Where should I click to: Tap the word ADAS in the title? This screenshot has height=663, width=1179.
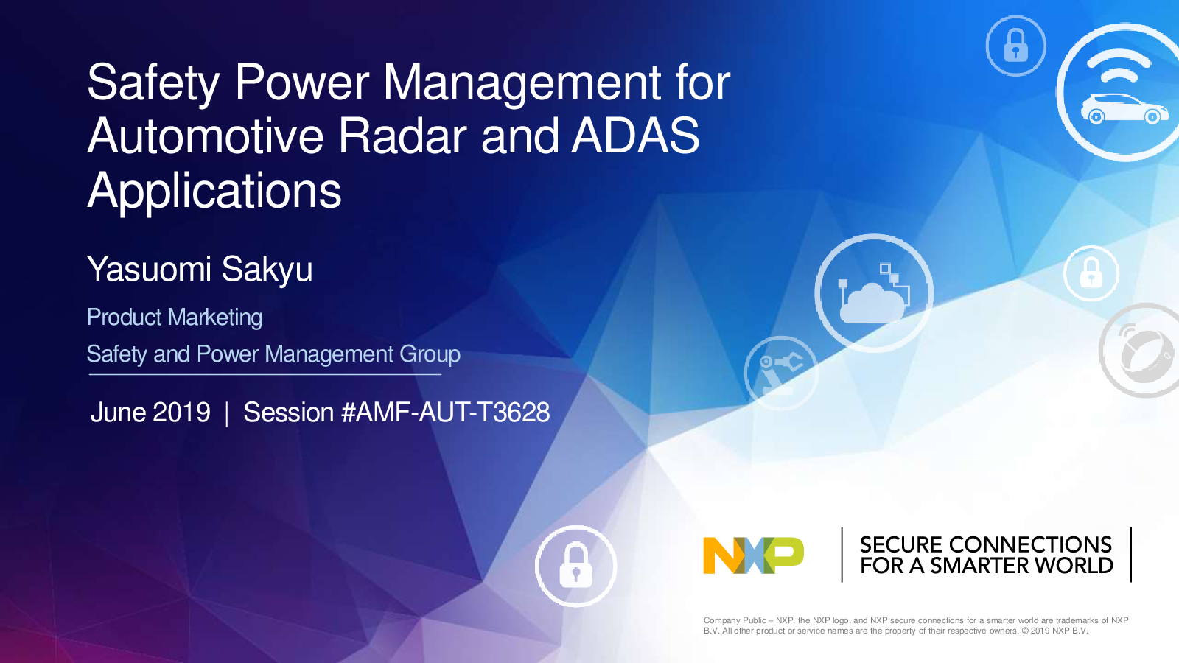[x=635, y=136]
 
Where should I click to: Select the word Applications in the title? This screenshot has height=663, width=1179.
[x=214, y=192]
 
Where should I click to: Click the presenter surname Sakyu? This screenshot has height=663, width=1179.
[x=267, y=270]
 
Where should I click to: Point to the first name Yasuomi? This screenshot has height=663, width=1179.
[x=149, y=270]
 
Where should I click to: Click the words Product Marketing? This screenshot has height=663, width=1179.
[x=175, y=318]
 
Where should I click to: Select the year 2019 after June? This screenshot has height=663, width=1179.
[x=181, y=412]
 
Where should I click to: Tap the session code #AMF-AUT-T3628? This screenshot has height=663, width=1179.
[x=445, y=412]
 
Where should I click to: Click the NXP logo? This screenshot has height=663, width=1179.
[x=753, y=555]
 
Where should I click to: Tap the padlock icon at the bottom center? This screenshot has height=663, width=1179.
[x=575, y=566]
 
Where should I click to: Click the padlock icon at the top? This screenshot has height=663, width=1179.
[x=1016, y=46]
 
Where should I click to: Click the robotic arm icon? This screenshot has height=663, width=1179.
[x=781, y=373]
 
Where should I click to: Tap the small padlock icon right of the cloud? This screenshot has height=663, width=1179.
[x=1091, y=273]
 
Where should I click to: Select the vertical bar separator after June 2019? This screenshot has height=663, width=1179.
[x=227, y=413]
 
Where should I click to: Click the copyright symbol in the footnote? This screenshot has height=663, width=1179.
[x=1025, y=631]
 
